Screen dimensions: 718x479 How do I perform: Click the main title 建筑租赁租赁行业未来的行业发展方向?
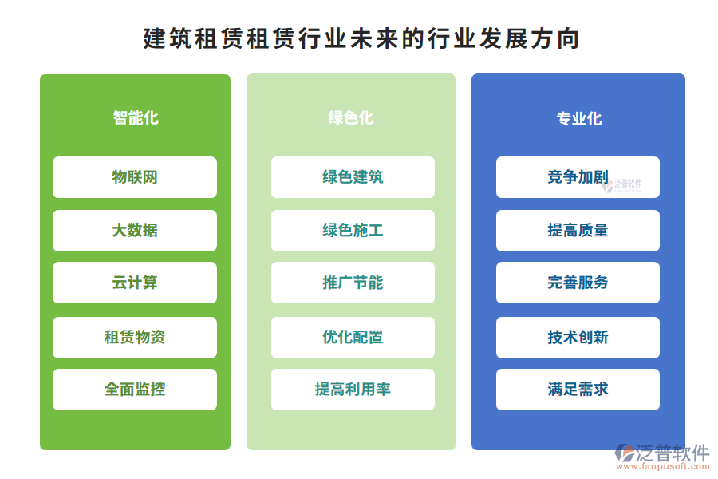pyautogui.click(x=361, y=38)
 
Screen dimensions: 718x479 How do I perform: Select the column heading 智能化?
pyautogui.click(x=136, y=118)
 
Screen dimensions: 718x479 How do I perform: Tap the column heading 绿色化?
pyautogui.click(x=351, y=118)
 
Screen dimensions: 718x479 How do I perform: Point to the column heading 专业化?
pyautogui.click(x=579, y=119)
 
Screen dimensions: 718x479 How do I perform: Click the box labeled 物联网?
pyautogui.click(x=135, y=177)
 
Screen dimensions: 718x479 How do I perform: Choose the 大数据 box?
pyautogui.click(x=135, y=231)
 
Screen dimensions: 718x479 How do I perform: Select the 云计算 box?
pyautogui.click(x=135, y=283)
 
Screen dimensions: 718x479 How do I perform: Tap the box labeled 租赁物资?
pyautogui.click(x=135, y=338)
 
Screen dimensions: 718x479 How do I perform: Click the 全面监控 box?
pyautogui.click(x=135, y=390)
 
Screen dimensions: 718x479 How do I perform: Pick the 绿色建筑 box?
pyautogui.click(x=353, y=177)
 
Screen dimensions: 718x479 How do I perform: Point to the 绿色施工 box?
pyautogui.click(x=353, y=231)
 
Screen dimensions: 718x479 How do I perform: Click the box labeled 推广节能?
pyautogui.click(x=353, y=283)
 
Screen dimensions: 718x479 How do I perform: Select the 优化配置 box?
pyautogui.click(x=353, y=338)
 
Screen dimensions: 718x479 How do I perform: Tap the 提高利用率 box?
pyautogui.click(x=353, y=390)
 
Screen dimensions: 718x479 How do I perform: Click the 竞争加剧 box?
pyautogui.click(x=578, y=177)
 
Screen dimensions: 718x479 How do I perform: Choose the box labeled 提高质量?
pyautogui.click(x=578, y=231)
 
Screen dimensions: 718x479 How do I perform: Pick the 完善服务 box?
pyautogui.click(x=578, y=283)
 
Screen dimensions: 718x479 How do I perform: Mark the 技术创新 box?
pyautogui.click(x=578, y=338)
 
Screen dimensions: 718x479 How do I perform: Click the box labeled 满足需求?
pyautogui.click(x=578, y=390)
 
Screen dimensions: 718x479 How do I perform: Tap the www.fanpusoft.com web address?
pyautogui.click(x=663, y=466)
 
